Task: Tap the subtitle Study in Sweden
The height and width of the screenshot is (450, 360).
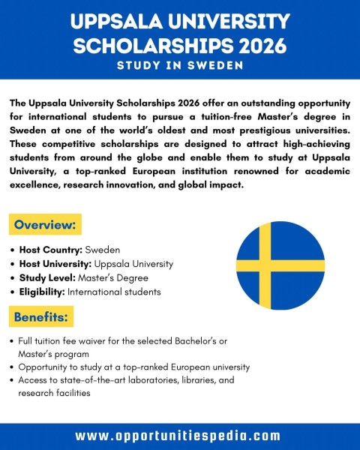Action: coord(179,66)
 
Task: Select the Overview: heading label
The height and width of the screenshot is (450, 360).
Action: coord(45,223)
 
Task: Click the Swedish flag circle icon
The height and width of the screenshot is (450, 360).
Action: coord(280,265)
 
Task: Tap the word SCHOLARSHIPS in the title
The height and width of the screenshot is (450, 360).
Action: coord(150,45)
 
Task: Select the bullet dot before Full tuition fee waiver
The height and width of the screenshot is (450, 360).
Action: coord(13,341)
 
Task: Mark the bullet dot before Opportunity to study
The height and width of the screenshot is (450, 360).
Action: coord(13,367)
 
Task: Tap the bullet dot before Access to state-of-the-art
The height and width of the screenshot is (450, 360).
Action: coord(13,380)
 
